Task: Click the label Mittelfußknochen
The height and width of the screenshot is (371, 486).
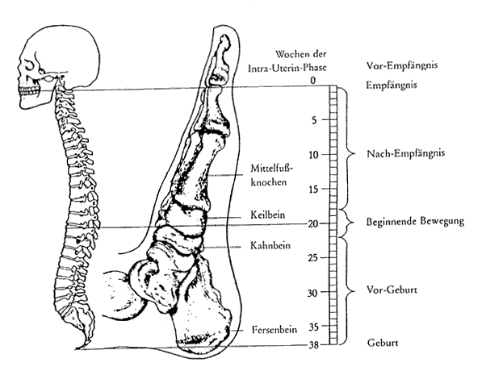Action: click(x=270, y=175)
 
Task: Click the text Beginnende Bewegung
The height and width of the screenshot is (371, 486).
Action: click(x=415, y=221)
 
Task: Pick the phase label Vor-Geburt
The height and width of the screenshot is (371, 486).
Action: click(x=392, y=287)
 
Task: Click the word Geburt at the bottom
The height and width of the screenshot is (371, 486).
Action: click(x=384, y=343)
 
